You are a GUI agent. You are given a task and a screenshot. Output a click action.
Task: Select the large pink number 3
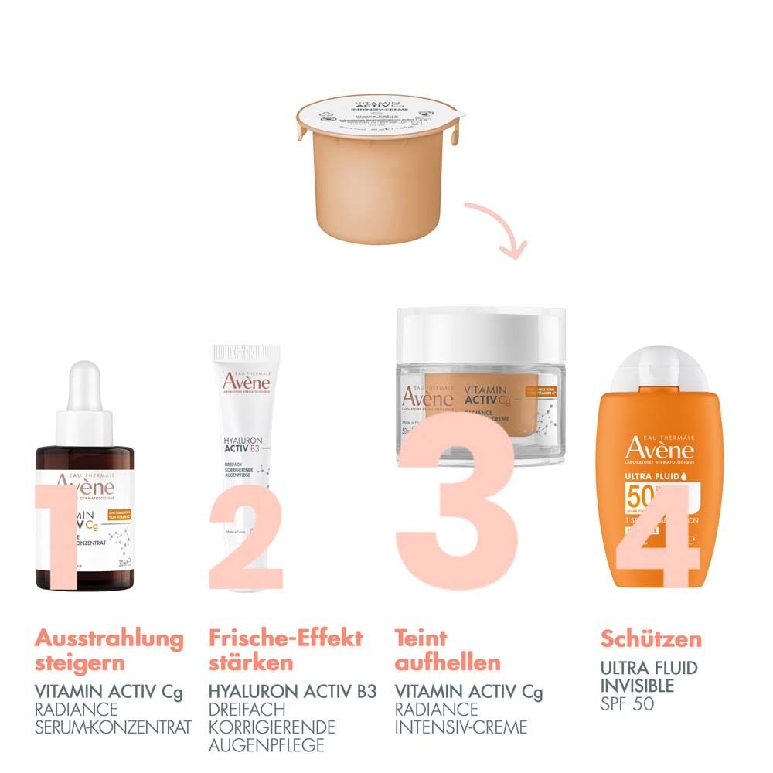tap(456, 502)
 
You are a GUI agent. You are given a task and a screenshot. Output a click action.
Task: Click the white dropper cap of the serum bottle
tap(84, 402)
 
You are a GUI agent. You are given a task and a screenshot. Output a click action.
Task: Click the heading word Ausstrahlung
tap(109, 639)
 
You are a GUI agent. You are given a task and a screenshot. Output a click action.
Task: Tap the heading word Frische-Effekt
tap(285, 639)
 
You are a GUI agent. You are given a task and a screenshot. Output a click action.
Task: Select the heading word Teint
tap(421, 639)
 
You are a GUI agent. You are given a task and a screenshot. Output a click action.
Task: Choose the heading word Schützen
tap(651, 639)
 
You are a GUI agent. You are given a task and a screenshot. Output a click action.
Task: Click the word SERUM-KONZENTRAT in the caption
tap(113, 727)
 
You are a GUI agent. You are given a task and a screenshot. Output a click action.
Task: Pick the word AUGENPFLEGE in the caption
tap(256, 745)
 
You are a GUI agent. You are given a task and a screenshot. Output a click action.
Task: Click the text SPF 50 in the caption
tap(627, 704)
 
